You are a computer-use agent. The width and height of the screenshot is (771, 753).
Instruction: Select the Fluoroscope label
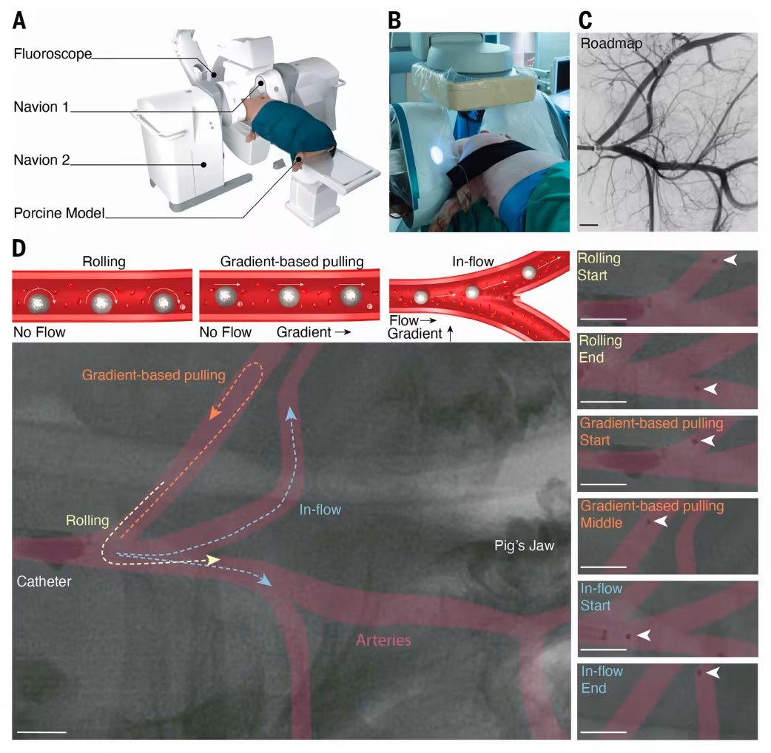point(52,54)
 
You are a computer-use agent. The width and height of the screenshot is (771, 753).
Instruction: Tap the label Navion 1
point(41,107)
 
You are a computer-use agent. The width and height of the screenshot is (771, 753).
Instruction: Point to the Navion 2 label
point(41,160)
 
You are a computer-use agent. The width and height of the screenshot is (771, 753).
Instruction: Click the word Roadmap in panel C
point(611,44)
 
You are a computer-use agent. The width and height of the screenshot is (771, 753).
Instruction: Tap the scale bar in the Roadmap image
point(589,221)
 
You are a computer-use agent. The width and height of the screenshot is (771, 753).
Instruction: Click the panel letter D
point(19,249)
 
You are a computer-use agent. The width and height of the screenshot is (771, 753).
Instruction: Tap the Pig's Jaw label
point(525,546)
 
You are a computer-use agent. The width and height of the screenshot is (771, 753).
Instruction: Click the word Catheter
point(44,581)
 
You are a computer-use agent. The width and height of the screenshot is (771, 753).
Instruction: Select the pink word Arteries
point(383,640)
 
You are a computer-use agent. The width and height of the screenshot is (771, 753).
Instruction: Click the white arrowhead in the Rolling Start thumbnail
point(730,260)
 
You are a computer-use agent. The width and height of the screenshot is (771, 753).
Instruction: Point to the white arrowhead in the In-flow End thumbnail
point(713,672)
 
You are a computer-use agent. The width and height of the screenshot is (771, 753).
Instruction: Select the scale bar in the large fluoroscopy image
point(41,732)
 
